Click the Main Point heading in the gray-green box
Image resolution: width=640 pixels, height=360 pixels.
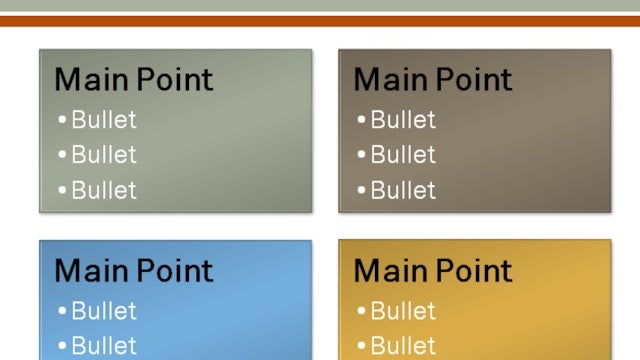(133, 80)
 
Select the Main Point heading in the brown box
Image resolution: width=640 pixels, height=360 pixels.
(432, 80)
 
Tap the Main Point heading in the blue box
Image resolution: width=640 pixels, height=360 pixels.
(133, 271)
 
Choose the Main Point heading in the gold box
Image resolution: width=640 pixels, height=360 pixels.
(432, 271)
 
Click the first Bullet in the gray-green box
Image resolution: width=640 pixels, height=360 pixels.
(104, 120)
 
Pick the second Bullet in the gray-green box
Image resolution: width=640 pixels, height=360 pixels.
(104, 155)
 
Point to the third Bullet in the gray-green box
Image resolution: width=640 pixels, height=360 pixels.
(104, 190)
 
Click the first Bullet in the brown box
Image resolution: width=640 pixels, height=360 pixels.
(403, 120)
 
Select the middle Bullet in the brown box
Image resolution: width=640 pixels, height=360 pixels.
(403, 155)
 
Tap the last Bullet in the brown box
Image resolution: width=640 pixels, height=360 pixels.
(403, 190)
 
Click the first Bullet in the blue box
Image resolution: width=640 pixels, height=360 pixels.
(104, 311)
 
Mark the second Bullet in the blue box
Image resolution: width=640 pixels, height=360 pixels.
(104, 346)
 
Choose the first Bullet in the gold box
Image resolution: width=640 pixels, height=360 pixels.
(403, 311)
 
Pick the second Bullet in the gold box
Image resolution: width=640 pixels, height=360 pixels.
(403, 346)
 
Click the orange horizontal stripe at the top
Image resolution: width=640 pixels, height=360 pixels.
(320, 21)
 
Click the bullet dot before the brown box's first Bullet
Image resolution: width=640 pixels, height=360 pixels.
(362, 121)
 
